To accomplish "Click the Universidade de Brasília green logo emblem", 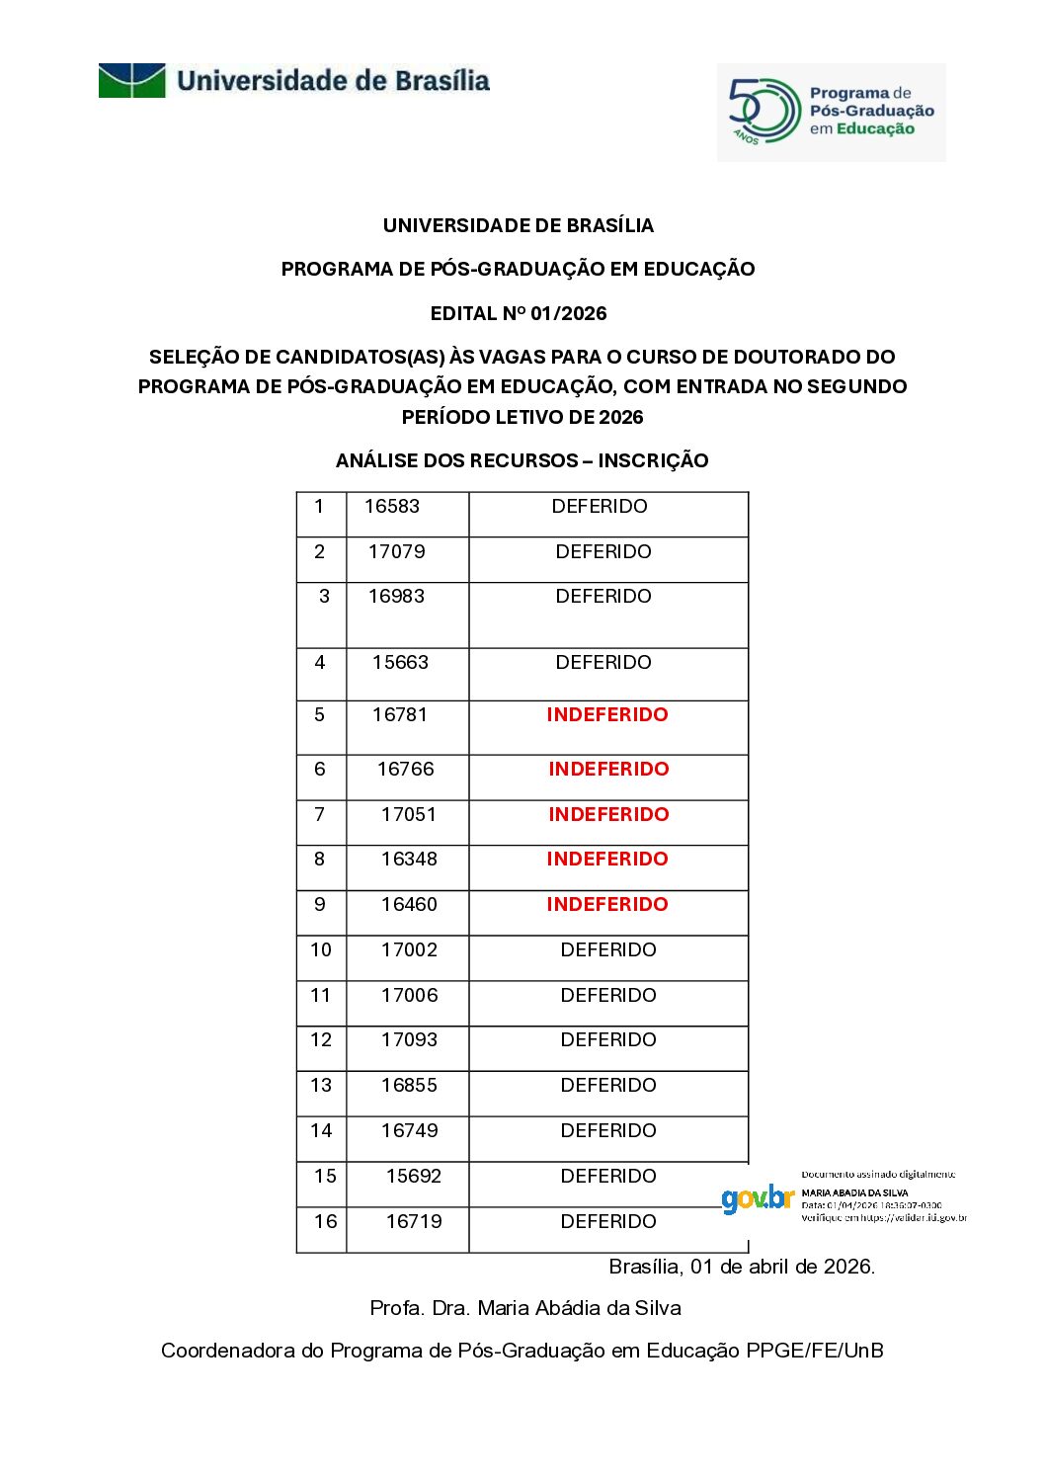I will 131,80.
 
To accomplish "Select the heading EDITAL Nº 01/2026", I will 519,313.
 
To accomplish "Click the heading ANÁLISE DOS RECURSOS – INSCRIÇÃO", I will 522,460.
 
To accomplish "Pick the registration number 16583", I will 392,507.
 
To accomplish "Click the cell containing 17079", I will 397,552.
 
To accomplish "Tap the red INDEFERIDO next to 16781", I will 607,715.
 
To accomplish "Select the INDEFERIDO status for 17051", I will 608,815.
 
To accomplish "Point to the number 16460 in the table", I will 409,905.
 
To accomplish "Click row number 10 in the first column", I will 321,950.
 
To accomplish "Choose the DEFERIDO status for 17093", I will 608,1040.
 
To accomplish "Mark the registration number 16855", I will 409,1086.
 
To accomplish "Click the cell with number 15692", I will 414,1177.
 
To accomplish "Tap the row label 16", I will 326,1222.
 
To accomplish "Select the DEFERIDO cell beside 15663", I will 603,663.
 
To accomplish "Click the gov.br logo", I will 758,1199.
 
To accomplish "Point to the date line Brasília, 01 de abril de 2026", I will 742,1267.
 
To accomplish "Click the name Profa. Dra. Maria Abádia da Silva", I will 525,1308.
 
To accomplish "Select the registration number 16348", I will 409,860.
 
